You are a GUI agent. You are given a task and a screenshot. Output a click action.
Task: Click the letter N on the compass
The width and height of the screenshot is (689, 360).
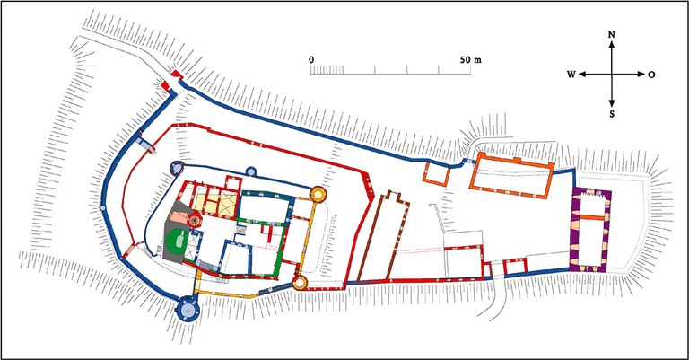click(612, 36)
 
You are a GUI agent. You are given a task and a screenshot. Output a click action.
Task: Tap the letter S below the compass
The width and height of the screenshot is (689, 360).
click(612, 114)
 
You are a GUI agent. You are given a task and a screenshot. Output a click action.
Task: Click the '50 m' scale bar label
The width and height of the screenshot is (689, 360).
click(470, 59)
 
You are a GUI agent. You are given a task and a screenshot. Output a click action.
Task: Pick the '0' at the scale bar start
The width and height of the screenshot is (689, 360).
click(311, 59)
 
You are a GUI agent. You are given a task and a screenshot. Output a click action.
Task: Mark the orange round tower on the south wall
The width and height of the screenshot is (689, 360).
click(301, 284)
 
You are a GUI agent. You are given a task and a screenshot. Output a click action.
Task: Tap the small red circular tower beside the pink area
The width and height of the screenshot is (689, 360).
click(194, 219)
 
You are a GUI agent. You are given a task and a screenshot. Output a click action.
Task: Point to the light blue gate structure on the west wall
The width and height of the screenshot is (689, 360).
click(144, 142)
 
